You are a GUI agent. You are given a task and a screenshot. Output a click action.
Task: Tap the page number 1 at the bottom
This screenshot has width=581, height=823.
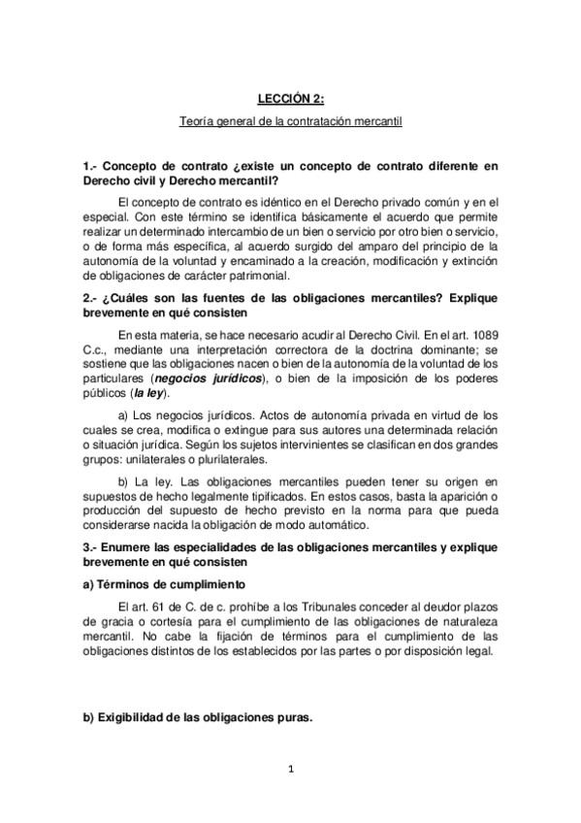point(291,770)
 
